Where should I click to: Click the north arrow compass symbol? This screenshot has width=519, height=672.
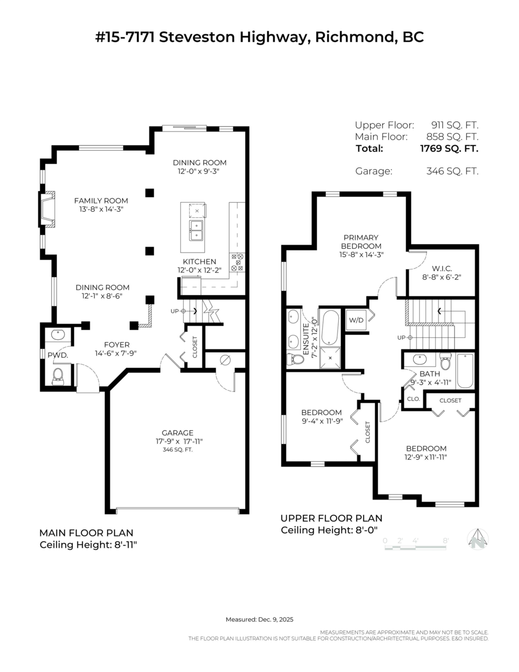point(478,539)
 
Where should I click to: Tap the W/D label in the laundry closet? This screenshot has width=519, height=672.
point(356,320)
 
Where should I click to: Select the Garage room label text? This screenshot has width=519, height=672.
point(177,433)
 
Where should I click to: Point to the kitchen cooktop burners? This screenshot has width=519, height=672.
point(237,262)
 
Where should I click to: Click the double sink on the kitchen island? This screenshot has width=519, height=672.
point(197,230)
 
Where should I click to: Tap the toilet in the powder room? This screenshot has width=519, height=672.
point(58,377)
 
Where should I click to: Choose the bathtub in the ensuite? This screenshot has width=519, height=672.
point(330,328)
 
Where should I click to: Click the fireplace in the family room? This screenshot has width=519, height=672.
point(47,209)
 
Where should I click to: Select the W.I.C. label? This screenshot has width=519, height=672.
point(442,268)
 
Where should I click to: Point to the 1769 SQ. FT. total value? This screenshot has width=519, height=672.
point(449,148)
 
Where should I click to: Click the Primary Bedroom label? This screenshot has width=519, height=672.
point(361,241)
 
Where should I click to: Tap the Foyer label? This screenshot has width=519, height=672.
point(117,344)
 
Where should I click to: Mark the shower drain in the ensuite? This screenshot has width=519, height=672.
point(330,358)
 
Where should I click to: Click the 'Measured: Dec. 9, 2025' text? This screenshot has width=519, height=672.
point(259,619)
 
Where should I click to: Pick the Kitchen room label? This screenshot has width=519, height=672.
point(199,262)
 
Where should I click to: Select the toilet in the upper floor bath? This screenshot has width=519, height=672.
point(446,361)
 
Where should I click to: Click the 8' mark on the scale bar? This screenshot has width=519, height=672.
point(446,540)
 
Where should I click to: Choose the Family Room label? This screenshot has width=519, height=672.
point(101,200)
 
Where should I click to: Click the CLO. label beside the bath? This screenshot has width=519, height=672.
point(414,399)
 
